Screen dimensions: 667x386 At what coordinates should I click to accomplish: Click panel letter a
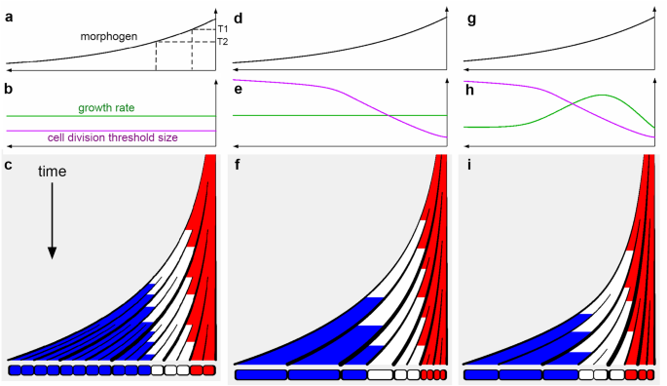pyautogui.click(x=9, y=18)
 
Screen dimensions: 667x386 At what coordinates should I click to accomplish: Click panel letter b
pyautogui.click(x=9, y=89)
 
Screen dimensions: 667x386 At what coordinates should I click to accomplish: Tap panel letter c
pyautogui.click(x=9, y=165)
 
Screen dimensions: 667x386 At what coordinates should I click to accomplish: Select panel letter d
pyautogui.click(x=239, y=19)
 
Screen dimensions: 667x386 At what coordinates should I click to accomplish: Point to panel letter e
pyautogui.click(x=239, y=90)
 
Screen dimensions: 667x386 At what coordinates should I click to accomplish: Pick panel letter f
pyautogui.click(x=238, y=165)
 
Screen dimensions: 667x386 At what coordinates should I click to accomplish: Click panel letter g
pyautogui.click(x=471, y=20)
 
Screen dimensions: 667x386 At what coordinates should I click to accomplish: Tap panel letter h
pyautogui.click(x=470, y=90)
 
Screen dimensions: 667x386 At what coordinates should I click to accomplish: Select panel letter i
pyautogui.click(x=468, y=165)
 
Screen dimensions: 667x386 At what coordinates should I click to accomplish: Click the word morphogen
pyautogui.click(x=109, y=37)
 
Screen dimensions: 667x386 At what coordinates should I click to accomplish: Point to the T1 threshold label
pyautogui.click(x=223, y=29)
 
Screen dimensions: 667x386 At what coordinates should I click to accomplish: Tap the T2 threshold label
pyautogui.click(x=223, y=42)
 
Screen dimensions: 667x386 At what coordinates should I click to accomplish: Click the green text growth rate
pyautogui.click(x=106, y=108)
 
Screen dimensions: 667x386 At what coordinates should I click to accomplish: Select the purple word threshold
pyautogui.click(x=128, y=137)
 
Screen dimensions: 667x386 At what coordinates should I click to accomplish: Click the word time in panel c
pyautogui.click(x=52, y=172)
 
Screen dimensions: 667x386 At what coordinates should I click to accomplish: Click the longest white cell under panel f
pyautogui.click(x=380, y=375)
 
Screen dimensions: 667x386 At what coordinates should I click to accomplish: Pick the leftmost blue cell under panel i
pyautogui.click(x=481, y=375)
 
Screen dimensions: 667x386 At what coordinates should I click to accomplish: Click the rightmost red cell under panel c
pyautogui.click(x=208, y=369)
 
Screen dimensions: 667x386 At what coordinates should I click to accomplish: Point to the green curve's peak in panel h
pyautogui.click(x=602, y=95)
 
